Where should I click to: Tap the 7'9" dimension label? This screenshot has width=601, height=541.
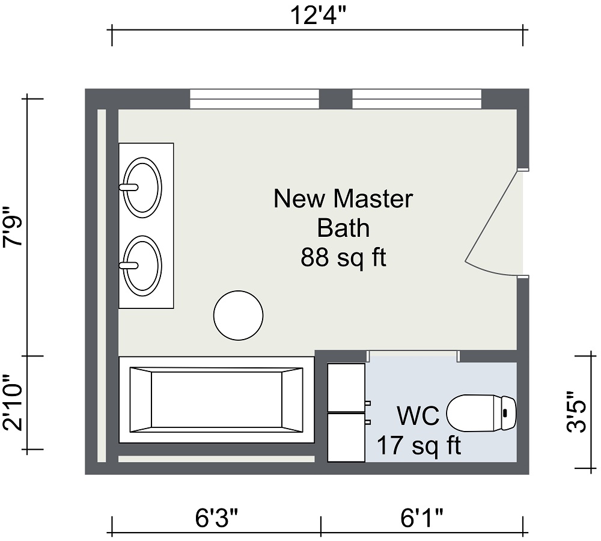[13, 227]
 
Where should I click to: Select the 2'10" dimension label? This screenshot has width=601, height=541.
[13, 403]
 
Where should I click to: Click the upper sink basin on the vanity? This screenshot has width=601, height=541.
[142, 186]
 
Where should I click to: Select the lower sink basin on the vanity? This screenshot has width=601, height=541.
[142, 264]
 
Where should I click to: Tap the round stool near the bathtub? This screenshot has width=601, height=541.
[239, 316]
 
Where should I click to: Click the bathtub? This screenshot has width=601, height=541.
[216, 400]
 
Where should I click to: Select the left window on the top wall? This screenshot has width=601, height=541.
[254, 99]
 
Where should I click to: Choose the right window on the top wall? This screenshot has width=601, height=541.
[416, 99]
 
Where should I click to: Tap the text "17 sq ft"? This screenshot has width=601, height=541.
[418, 445]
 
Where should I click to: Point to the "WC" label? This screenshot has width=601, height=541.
[418, 415]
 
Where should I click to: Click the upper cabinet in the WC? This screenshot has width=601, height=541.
[346, 387]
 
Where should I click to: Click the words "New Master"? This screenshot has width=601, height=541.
[343, 198]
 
